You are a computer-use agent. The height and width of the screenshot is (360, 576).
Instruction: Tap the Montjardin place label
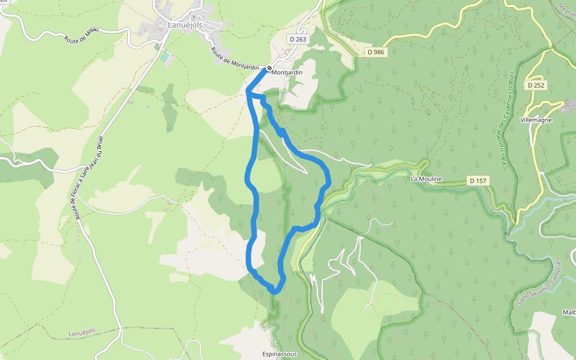pos(287,73)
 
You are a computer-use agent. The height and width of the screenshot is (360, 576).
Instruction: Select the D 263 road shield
pos(298,39)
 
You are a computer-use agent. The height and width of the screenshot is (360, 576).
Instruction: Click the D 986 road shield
pos(376,52)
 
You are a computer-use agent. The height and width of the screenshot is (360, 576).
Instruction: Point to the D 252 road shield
pos(536,85)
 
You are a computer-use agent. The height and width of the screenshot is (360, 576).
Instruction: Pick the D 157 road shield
pos(478,181)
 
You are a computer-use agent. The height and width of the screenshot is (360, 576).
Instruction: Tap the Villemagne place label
pos(536,119)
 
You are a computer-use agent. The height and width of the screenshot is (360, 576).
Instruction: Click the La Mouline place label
pos(426,179)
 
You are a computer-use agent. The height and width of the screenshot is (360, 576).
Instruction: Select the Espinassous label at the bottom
pos(280,354)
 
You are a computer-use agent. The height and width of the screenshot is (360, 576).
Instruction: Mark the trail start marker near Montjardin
pos(270,68)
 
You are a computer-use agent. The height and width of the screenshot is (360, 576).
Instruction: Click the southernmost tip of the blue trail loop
pos(275,292)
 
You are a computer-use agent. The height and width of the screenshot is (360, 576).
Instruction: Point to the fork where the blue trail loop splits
pos(248,92)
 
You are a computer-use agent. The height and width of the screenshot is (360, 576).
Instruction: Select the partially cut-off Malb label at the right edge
pos(569,312)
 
